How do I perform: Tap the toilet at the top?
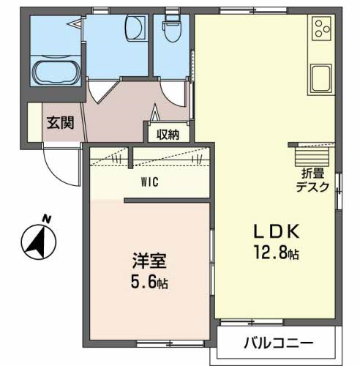click(172, 29)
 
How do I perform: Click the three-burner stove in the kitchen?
click(321, 29)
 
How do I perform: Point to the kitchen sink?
click(321, 76)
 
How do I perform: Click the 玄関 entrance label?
click(60, 123)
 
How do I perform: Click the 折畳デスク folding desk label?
click(313, 181)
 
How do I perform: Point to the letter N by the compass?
click(48, 217)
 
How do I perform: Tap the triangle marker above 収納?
click(156, 114)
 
